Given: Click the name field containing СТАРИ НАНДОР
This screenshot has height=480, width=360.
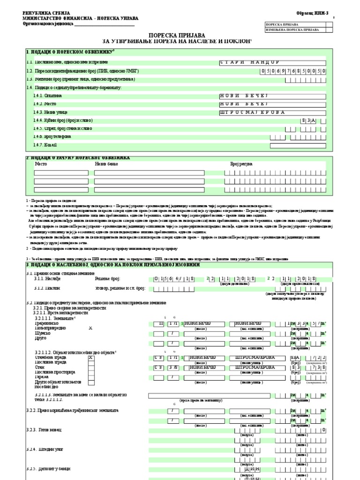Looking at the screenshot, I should tap(272, 62).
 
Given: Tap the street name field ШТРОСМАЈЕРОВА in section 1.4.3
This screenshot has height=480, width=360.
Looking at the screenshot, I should tap(272, 112).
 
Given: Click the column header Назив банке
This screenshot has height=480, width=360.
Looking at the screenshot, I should tap(106, 164).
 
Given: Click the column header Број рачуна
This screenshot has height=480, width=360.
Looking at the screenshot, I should tap(241, 164).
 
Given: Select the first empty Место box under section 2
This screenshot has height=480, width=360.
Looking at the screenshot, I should tap(61, 172).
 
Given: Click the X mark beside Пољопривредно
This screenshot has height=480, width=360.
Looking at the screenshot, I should tap(91, 329).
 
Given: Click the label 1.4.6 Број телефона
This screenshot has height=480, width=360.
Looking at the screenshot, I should tap(52, 137).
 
